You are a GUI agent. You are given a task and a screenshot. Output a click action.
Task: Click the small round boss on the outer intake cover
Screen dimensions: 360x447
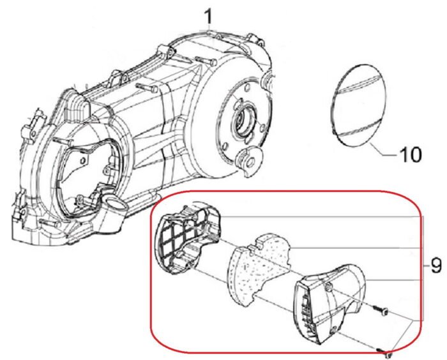point(328,291)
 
